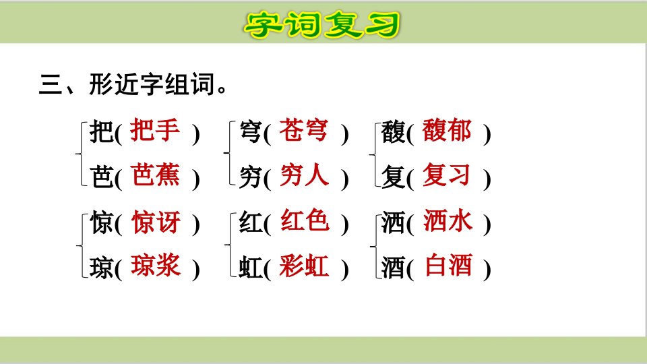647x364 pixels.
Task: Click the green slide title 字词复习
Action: click(x=322, y=25)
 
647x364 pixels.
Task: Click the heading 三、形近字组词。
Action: click(x=133, y=84)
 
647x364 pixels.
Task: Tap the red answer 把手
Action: click(x=155, y=130)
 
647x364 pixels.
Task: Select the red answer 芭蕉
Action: click(x=156, y=175)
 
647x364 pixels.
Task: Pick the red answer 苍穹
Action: click(x=304, y=130)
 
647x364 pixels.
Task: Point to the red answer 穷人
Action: click(x=304, y=175)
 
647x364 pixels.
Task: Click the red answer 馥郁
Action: click(x=447, y=130)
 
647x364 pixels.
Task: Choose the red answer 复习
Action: click(x=446, y=175)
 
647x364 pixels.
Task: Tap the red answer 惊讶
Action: click(x=156, y=222)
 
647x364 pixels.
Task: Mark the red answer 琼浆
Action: click(x=156, y=266)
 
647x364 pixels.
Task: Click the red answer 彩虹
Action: click(x=304, y=266)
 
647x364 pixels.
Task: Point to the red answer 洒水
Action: click(x=448, y=221)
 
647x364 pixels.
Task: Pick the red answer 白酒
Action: click(x=449, y=266)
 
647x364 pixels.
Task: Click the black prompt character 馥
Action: click(x=393, y=133)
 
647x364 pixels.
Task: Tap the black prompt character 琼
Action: click(x=102, y=268)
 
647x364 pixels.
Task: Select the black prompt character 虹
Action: click(x=251, y=268)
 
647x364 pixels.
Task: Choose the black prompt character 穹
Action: click(x=251, y=133)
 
